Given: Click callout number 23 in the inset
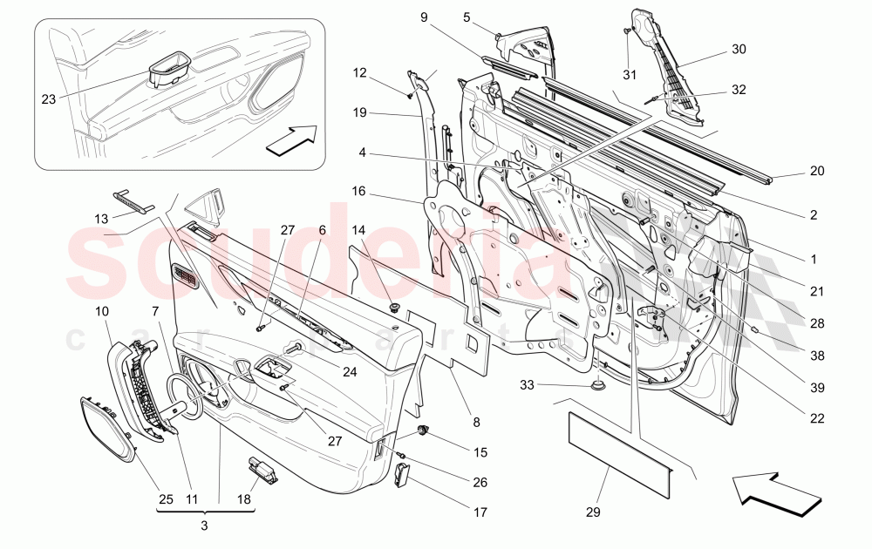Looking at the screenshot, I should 48,99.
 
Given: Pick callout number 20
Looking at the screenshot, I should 816,171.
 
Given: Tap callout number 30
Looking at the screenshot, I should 739,50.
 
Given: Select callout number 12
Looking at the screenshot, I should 360,72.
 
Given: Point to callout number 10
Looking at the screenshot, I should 101,311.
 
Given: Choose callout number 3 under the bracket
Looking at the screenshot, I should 204,525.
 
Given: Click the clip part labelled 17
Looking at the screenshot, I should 402,476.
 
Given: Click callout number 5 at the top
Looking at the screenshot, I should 467,17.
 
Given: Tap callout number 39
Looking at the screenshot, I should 816,387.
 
